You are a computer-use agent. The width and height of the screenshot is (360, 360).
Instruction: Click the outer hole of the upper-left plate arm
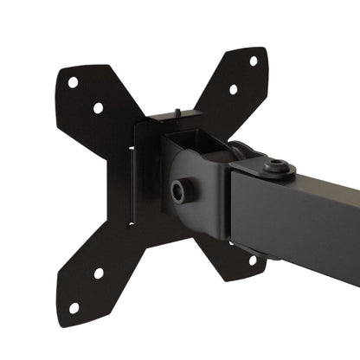(73, 83)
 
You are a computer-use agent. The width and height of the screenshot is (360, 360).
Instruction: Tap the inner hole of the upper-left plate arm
(98, 108)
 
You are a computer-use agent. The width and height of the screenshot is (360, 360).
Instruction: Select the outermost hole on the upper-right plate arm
(254, 61)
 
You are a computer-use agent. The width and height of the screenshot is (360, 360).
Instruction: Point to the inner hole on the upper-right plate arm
(233, 89)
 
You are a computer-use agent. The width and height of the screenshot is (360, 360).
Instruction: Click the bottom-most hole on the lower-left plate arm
(74, 307)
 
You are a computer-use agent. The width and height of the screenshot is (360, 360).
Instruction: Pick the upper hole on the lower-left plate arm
(99, 273)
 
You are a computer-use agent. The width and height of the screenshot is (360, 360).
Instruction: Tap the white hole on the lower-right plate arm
(253, 259)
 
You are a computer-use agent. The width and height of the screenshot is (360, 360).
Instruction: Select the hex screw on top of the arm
(277, 165)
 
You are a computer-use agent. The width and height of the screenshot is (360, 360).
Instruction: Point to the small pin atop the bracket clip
(176, 112)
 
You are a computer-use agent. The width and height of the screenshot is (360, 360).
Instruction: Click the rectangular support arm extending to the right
(312, 216)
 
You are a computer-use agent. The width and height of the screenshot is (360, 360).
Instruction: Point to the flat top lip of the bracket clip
(173, 119)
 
